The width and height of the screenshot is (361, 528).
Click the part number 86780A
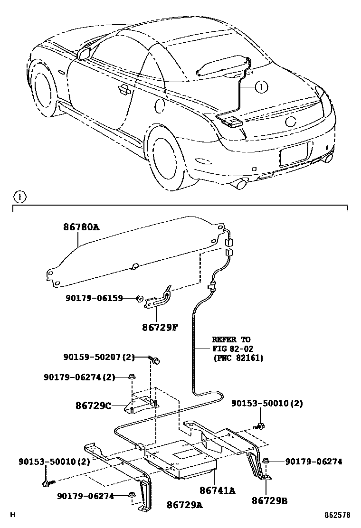coord(81,227)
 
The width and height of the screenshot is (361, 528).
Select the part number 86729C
coord(93,406)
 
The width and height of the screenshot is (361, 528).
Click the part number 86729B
coord(269,500)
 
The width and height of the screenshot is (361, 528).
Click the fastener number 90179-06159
coord(94,298)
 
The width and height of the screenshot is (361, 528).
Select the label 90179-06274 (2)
coord(80,377)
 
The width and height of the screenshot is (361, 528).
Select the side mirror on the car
coord(85,53)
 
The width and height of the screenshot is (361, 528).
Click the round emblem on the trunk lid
coord(291,121)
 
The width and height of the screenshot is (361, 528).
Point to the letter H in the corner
coord(13,515)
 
